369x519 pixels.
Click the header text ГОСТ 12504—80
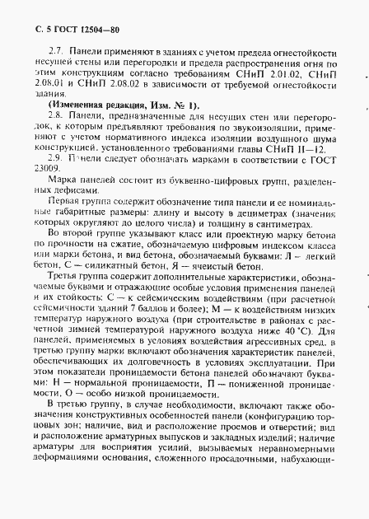pos(71,12)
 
